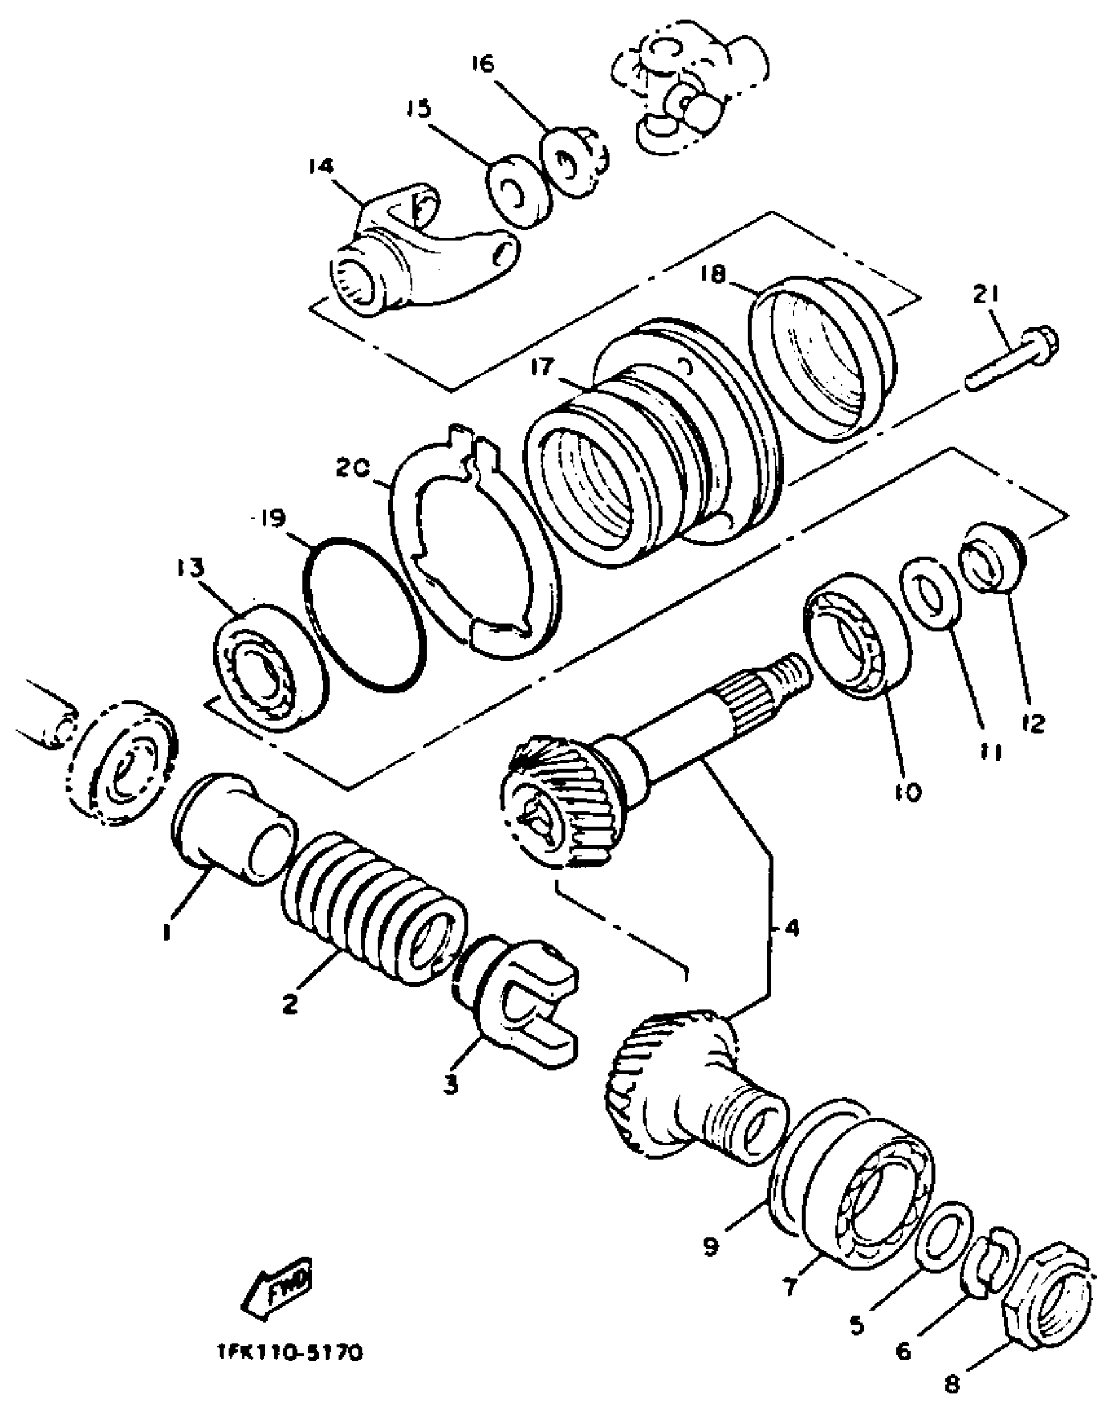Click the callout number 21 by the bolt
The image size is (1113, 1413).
click(986, 297)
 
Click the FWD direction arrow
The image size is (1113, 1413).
click(278, 1285)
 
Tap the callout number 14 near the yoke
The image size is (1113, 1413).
click(321, 167)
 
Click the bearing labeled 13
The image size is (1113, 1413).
click(270, 661)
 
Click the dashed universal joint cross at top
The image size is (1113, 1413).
click(687, 95)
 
